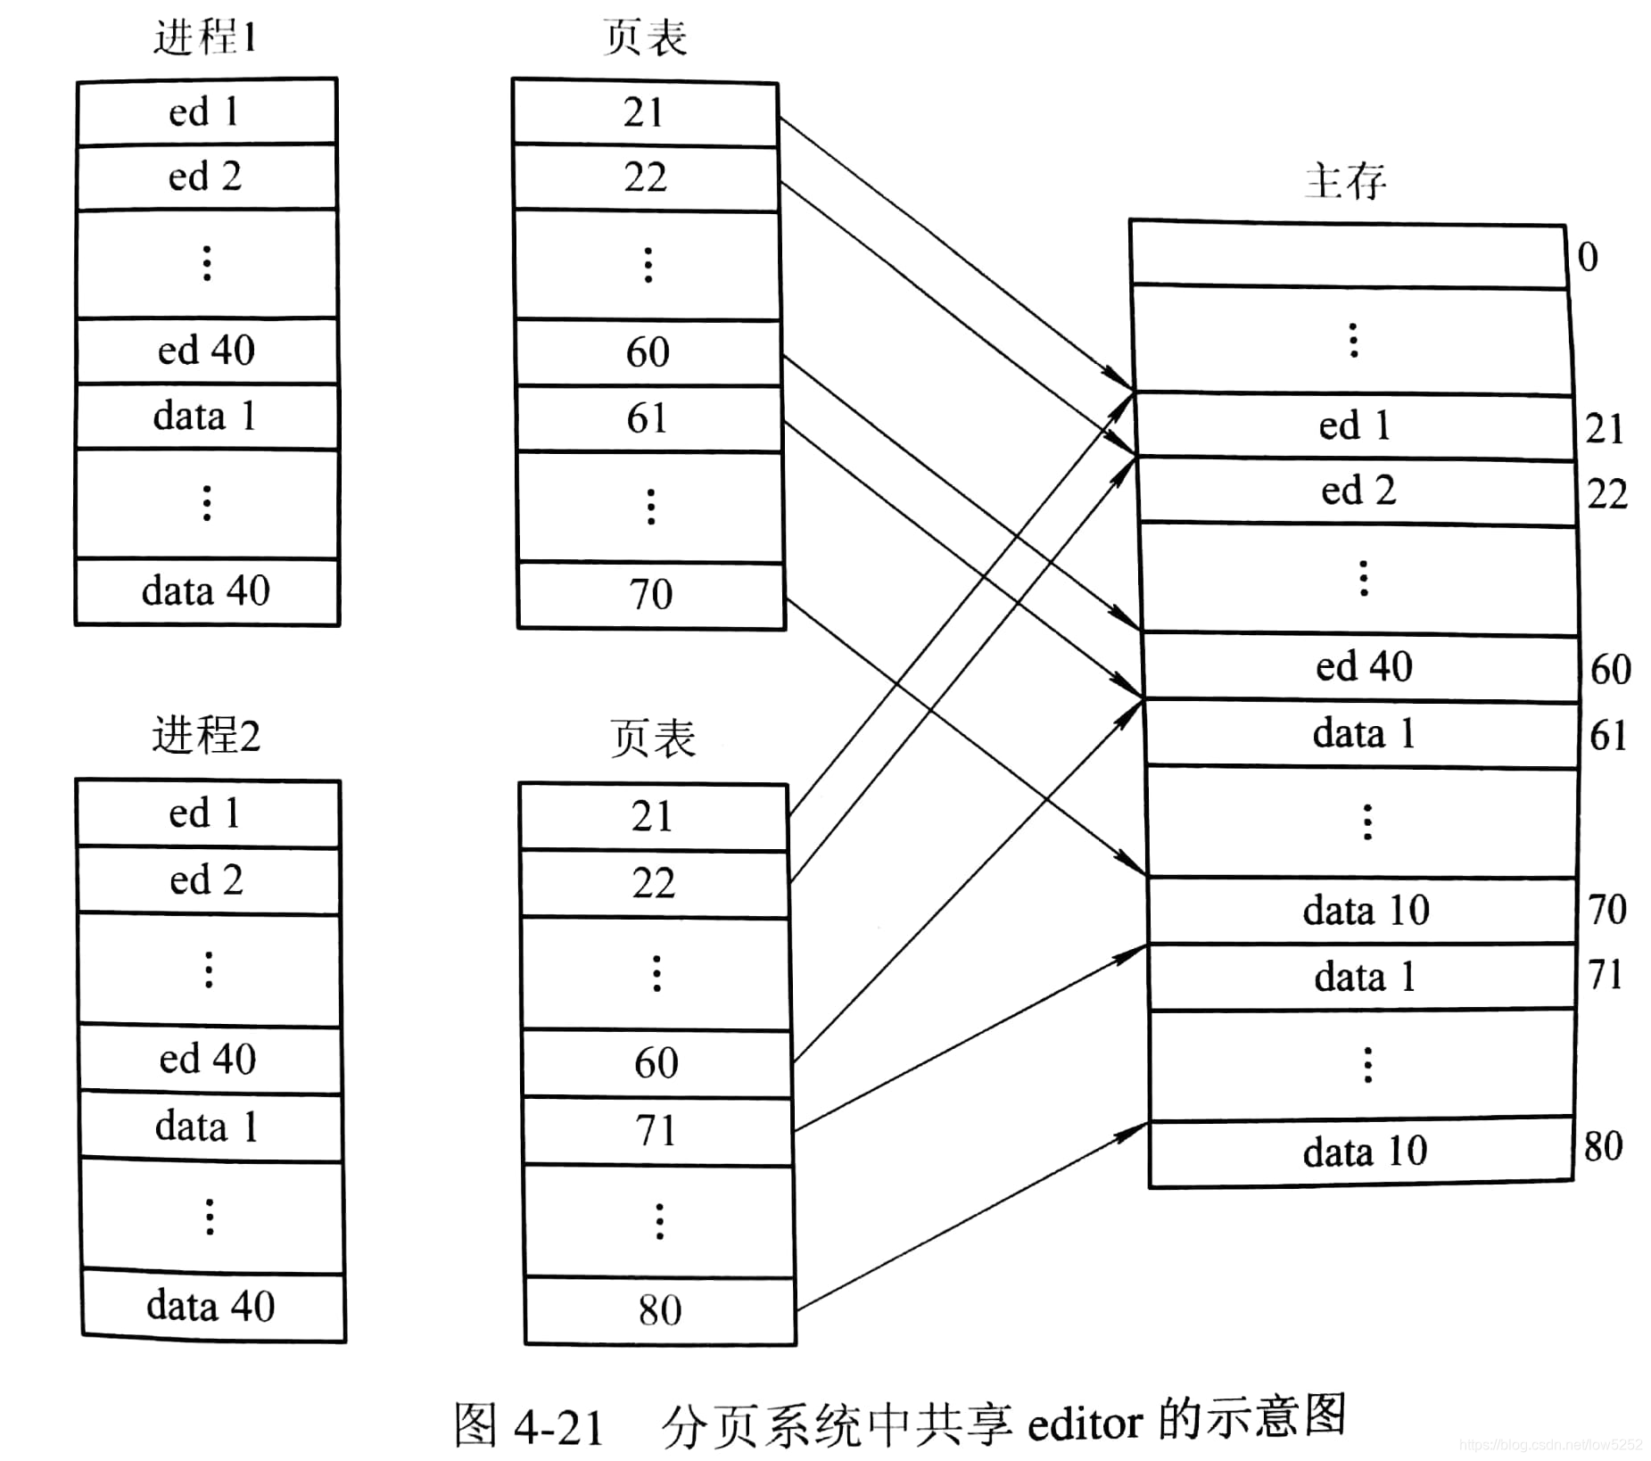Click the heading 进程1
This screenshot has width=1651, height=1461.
[205, 38]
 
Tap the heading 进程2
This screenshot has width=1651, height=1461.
[206, 736]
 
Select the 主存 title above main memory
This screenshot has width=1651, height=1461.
[1345, 181]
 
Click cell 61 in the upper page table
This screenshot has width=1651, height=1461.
[648, 418]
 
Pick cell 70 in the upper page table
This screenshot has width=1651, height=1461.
[651, 594]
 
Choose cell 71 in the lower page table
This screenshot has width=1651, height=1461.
[656, 1130]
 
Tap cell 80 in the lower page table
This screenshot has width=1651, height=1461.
[660, 1310]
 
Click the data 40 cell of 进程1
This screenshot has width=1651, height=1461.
[206, 590]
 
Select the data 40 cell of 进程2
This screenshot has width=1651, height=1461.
[211, 1306]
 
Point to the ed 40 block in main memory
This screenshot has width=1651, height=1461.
[1364, 666]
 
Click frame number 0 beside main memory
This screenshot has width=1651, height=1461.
[1588, 257]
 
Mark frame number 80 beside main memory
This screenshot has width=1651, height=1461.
[1603, 1146]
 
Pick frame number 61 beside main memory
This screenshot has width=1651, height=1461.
[1609, 735]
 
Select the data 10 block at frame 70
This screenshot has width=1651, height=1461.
[1366, 911]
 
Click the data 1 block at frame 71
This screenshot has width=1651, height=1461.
[1365, 977]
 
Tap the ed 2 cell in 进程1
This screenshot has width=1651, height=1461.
[205, 177]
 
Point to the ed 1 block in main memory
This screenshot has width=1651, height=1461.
[1355, 425]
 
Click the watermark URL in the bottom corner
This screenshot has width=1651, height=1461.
[1551, 1444]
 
